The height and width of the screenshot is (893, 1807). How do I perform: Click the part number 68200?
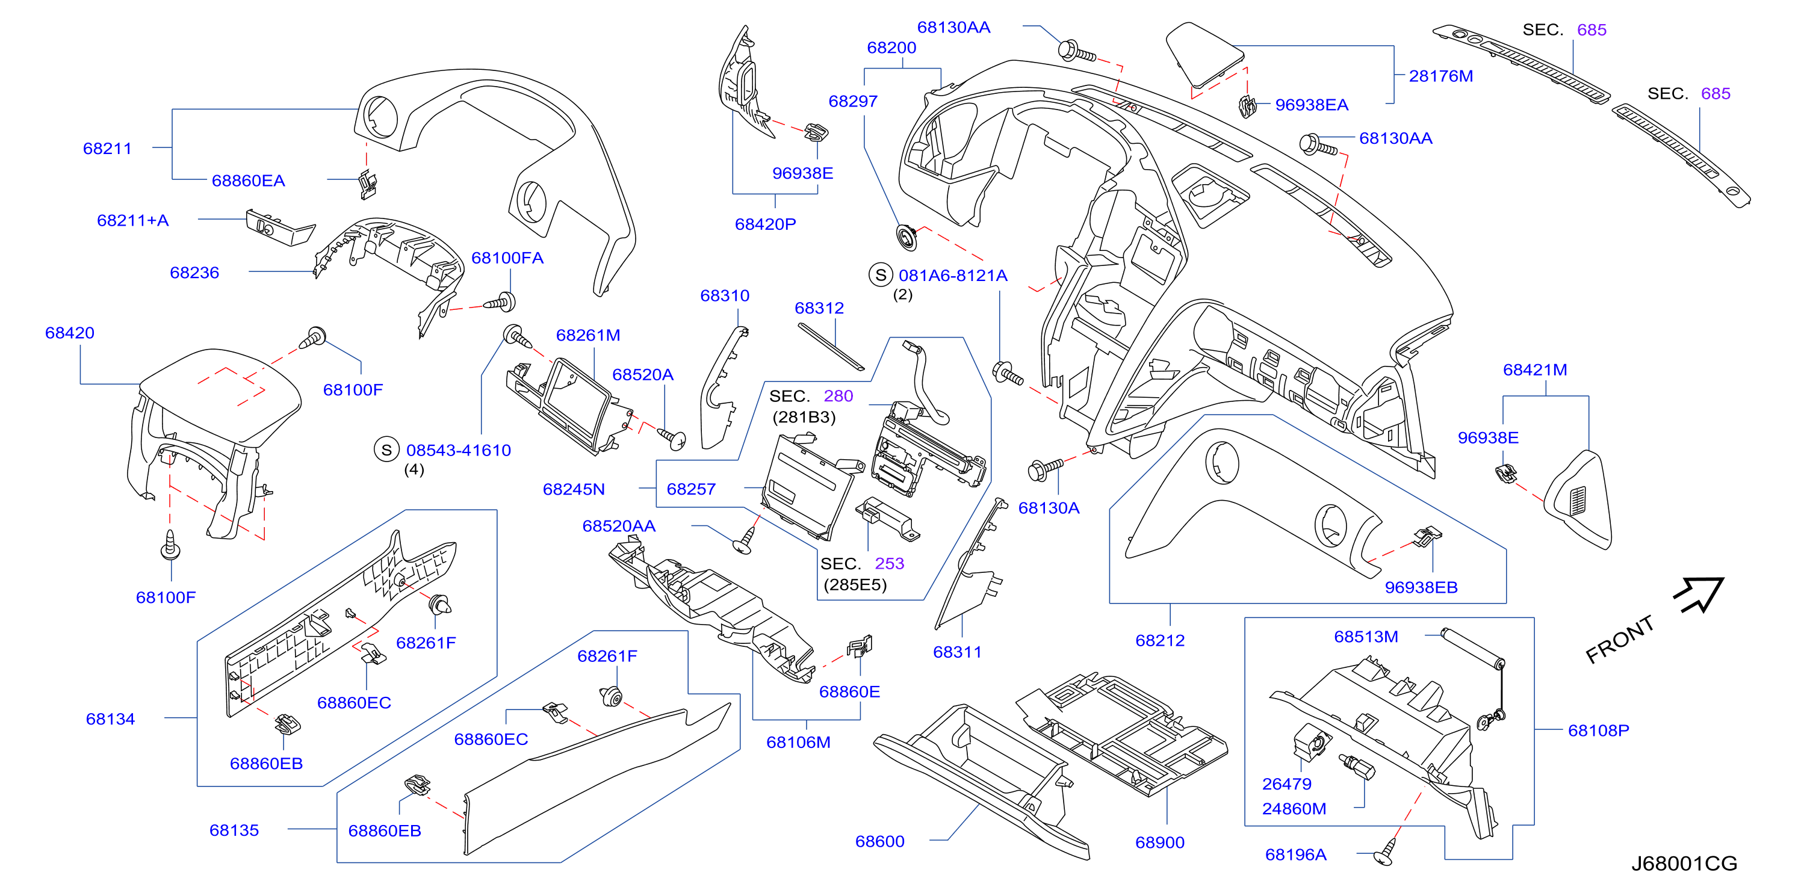pos(891,48)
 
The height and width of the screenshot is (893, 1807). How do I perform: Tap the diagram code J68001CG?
pos(1684,863)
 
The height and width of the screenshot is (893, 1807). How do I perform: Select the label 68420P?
pos(764,224)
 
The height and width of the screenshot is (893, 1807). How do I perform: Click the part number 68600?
pos(879,841)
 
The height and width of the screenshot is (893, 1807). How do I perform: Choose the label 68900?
pos(1159,842)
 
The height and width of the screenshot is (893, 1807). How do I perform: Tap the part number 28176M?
pos(1440,76)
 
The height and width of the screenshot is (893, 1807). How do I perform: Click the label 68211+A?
pos(132,220)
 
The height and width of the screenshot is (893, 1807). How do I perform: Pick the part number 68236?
pos(194,272)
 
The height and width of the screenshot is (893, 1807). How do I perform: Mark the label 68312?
pos(819,308)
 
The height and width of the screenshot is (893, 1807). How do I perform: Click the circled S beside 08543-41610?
pos(386,450)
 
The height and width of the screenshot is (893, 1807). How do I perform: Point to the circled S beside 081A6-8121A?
pos(881,275)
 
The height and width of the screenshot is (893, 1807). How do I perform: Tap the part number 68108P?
pos(1598,731)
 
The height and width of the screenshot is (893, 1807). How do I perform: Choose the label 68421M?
pos(1534,369)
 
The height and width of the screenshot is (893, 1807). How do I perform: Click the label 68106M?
pos(798,741)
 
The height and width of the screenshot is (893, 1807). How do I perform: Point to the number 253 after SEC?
pos(889,563)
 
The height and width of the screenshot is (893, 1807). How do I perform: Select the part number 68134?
pos(110,718)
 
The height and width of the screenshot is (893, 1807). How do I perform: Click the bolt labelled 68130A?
pos(1044,469)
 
